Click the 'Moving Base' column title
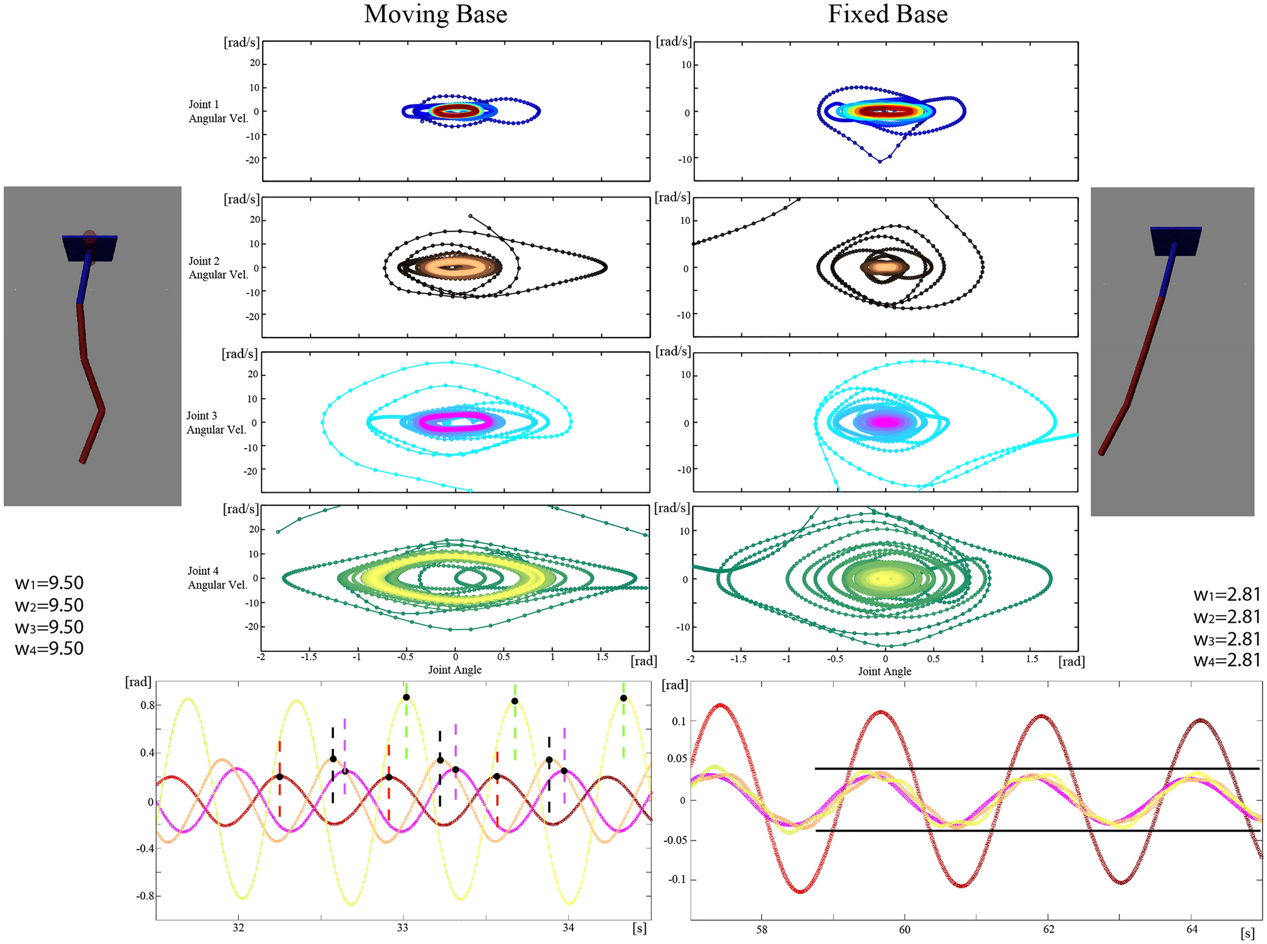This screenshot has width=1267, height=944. (435, 15)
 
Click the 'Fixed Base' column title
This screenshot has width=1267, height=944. (887, 15)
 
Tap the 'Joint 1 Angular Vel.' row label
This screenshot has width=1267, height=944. (218, 112)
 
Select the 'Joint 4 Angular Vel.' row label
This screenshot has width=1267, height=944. (217, 578)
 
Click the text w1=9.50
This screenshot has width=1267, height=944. (49, 583)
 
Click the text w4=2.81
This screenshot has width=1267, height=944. (1227, 661)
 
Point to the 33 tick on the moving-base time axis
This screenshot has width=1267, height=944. (403, 928)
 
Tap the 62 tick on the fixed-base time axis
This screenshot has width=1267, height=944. (1049, 929)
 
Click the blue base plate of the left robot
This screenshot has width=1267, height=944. (90, 248)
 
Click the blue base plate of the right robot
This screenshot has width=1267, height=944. (1175, 241)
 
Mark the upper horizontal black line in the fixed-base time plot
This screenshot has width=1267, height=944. (1035, 769)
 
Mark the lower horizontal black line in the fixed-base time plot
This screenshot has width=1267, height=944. (1035, 830)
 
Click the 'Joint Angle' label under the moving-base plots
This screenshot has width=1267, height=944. (455, 670)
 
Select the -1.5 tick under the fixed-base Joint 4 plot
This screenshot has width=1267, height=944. (738, 659)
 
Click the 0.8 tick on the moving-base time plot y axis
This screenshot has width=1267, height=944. (147, 705)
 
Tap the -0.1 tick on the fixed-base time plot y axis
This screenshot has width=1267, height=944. (676, 879)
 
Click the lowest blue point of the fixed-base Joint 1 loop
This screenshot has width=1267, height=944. (880, 162)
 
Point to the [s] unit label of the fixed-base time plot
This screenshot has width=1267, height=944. (1247, 933)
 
